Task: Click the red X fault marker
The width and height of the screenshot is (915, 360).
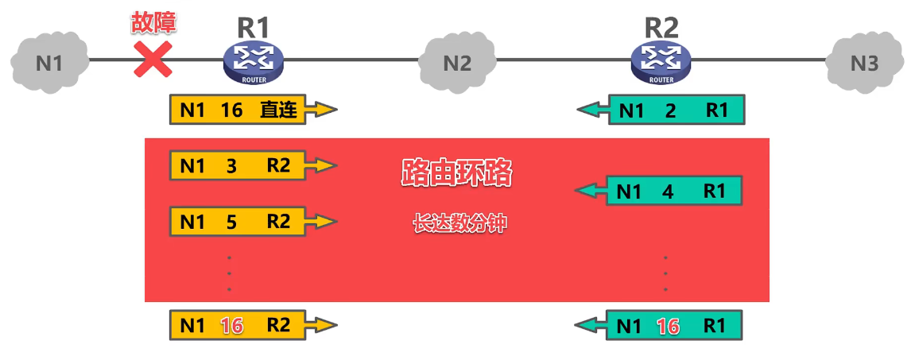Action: (x=153, y=60)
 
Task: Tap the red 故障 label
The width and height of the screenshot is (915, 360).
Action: (x=153, y=22)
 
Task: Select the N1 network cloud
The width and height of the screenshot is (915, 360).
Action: (x=48, y=62)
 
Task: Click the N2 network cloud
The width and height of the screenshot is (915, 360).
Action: (x=456, y=62)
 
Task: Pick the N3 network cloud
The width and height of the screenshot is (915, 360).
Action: (x=864, y=62)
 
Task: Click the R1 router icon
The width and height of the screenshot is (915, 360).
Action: (x=253, y=62)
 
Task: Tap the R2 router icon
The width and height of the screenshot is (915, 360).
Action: (x=661, y=62)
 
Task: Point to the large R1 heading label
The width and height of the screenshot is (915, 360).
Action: (x=254, y=26)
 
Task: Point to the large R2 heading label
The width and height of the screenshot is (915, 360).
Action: (x=661, y=26)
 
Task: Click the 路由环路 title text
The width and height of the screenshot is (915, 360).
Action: (x=456, y=173)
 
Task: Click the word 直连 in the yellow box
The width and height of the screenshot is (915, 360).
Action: (x=278, y=110)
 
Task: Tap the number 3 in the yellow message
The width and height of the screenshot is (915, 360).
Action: (x=231, y=166)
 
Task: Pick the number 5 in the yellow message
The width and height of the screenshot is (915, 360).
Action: (x=231, y=222)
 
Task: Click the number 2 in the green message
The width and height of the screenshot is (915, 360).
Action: (x=669, y=111)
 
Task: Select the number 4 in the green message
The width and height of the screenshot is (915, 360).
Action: (x=667, y=192)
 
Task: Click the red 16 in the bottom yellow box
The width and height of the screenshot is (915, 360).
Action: (x=231, y=325)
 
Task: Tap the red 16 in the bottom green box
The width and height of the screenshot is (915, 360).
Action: (x=668, y=326)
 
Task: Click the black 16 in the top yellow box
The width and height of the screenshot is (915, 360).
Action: (x=231, y=110)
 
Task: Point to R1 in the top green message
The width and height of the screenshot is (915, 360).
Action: (x=716, y=111)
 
